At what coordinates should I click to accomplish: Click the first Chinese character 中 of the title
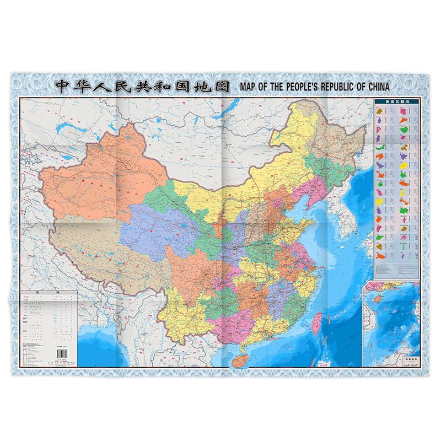click(x=60, y=87)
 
